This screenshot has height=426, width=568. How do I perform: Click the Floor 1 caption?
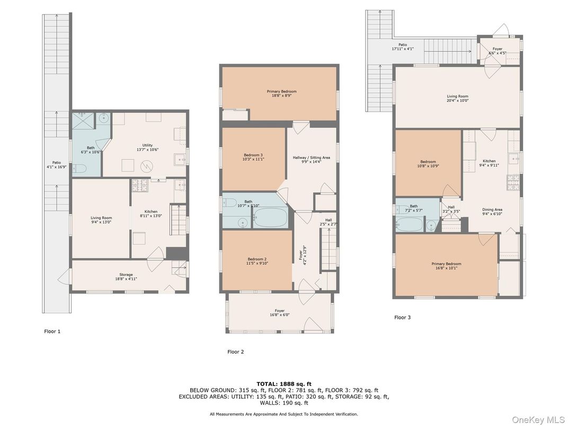tap(52, 331)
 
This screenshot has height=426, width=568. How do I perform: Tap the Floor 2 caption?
tap(235, 351)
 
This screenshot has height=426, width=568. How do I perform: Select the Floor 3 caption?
tap(402, 317)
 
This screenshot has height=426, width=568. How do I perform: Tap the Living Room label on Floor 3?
tap(457, 99)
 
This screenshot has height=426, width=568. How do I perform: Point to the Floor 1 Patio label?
tap(56, 165)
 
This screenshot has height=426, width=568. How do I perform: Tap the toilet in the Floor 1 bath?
tap(80, 169)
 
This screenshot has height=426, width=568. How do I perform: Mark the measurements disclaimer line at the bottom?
tap(283, 414)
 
